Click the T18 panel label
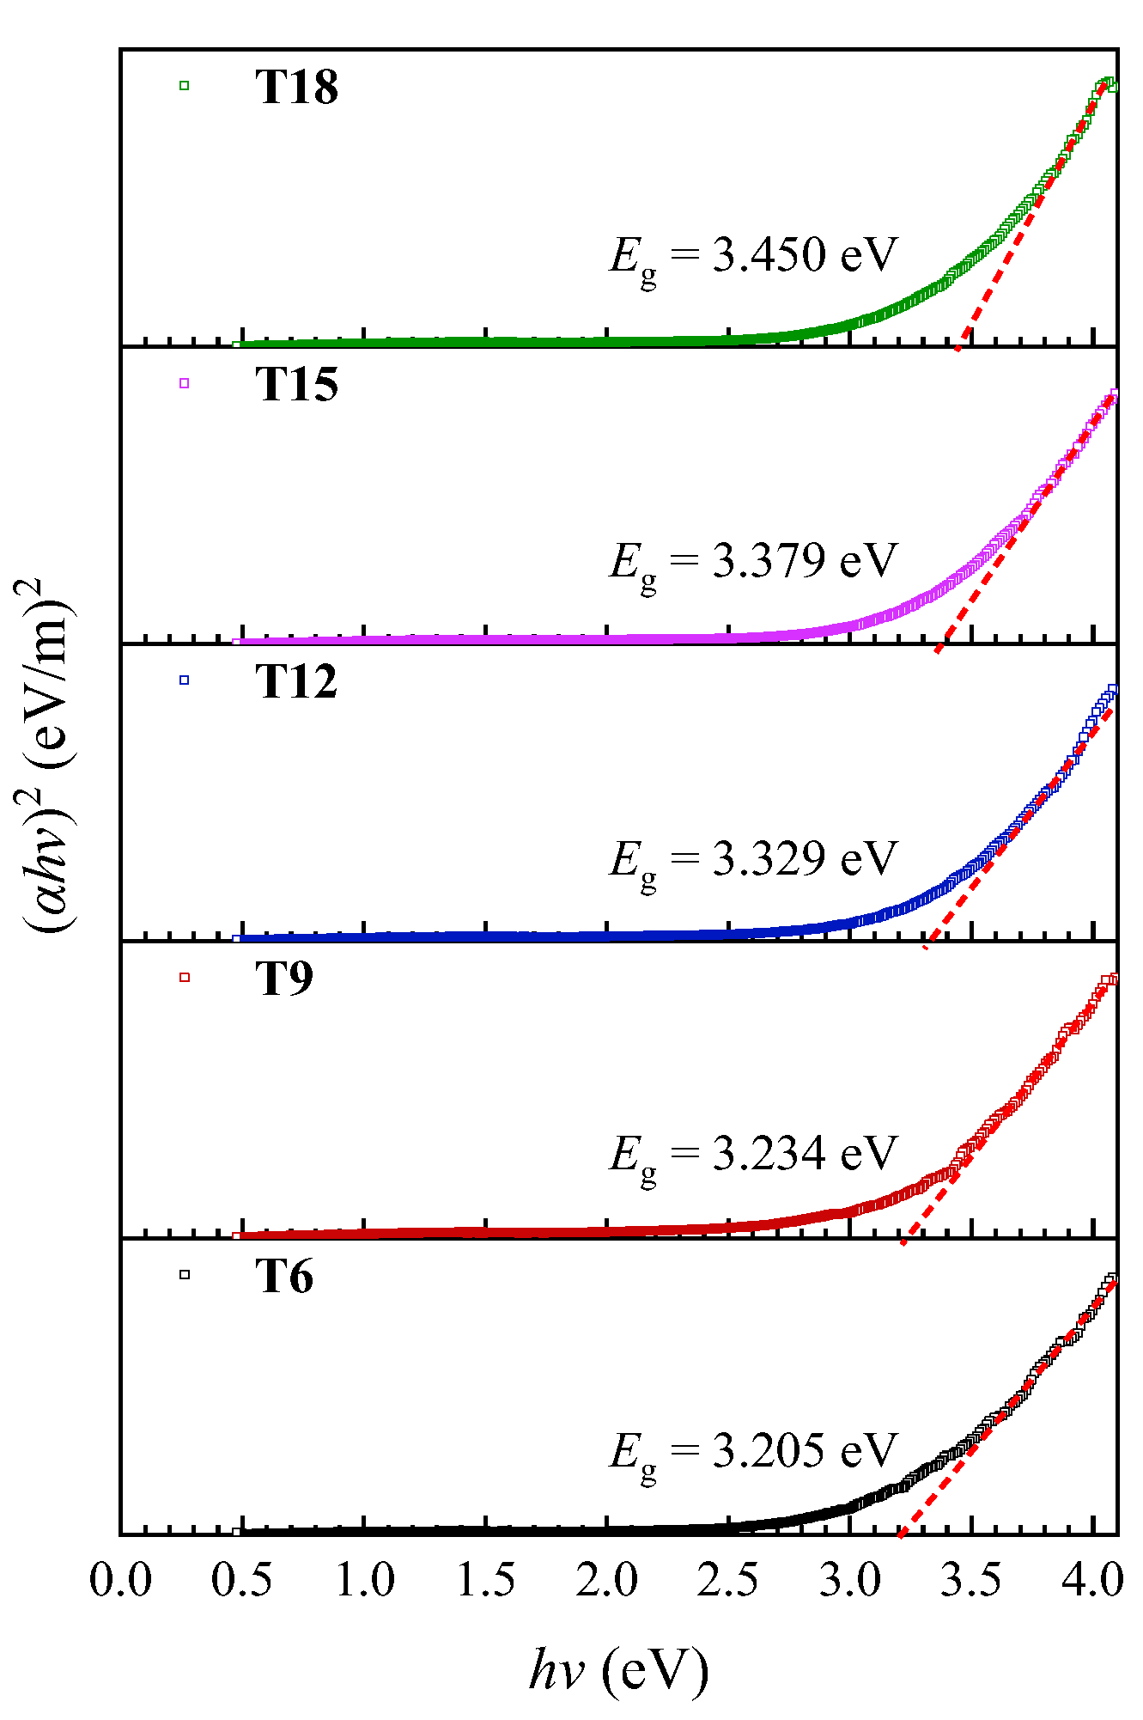click(x=296, y=87)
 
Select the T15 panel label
click(x=296, y=384)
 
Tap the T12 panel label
click(x=296, y=681)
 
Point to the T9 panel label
click(x=284, y=978)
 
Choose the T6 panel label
click(x=284, y=1276)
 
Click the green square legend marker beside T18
click(x=184, y=85)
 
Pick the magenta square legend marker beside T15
click(x=184, y=383)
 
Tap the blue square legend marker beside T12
click(x=184, y=680)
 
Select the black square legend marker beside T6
click(x=184, y=1275)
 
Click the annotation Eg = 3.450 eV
click(x=753, y=257)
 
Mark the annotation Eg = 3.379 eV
click(x=753, y=562)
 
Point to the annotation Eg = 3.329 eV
click(x=753, y=860)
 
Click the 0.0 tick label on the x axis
click(x=121, y=1579)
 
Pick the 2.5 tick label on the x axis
click(x=728, y=1579)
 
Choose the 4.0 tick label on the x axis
click(x=1091, y=1579)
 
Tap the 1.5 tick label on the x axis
click(x=485, y=1579)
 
